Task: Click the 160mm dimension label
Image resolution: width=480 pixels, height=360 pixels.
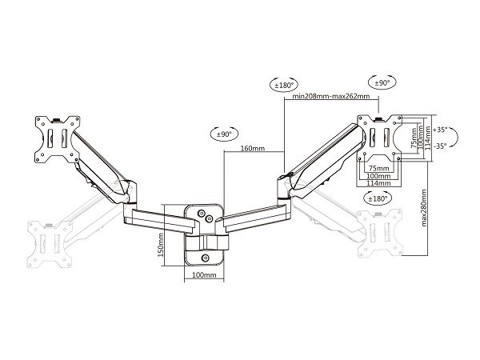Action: click(x=253, y=149)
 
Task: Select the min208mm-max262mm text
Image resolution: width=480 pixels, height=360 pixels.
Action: click(x=331, y=96)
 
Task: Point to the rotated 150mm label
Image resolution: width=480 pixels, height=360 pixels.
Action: click(x=161, y=245)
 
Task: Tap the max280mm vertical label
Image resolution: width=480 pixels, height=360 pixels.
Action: click(x=424, y=207)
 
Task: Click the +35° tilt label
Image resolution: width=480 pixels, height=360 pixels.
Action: click(x=440, y=130)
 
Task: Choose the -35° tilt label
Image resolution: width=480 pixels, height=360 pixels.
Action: click(x=440, y=146)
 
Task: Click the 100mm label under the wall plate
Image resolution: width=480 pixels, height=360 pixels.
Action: click(x=204, y=275)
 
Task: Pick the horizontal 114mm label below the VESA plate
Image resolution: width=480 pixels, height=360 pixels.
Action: click(x=378, y=183)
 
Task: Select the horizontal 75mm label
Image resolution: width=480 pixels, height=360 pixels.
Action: click(x=378, y=168)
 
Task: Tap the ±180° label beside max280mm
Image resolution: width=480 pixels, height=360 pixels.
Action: click(x=378, y=198)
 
